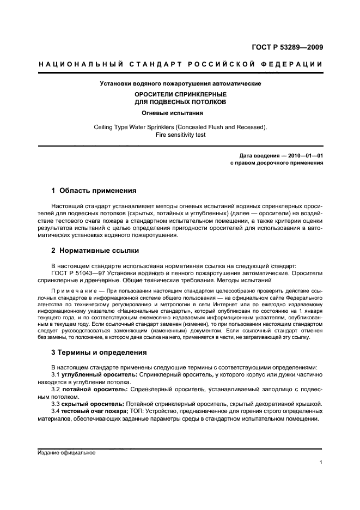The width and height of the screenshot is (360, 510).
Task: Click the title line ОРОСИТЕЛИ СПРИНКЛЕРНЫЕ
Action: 180,94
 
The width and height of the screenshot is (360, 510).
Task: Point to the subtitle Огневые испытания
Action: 180,113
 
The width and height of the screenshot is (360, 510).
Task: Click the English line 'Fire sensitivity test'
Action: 180,135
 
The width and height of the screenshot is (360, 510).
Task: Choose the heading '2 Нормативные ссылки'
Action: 95,251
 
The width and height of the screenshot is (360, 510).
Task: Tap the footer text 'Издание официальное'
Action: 66,452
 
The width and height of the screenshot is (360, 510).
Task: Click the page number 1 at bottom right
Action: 321,463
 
